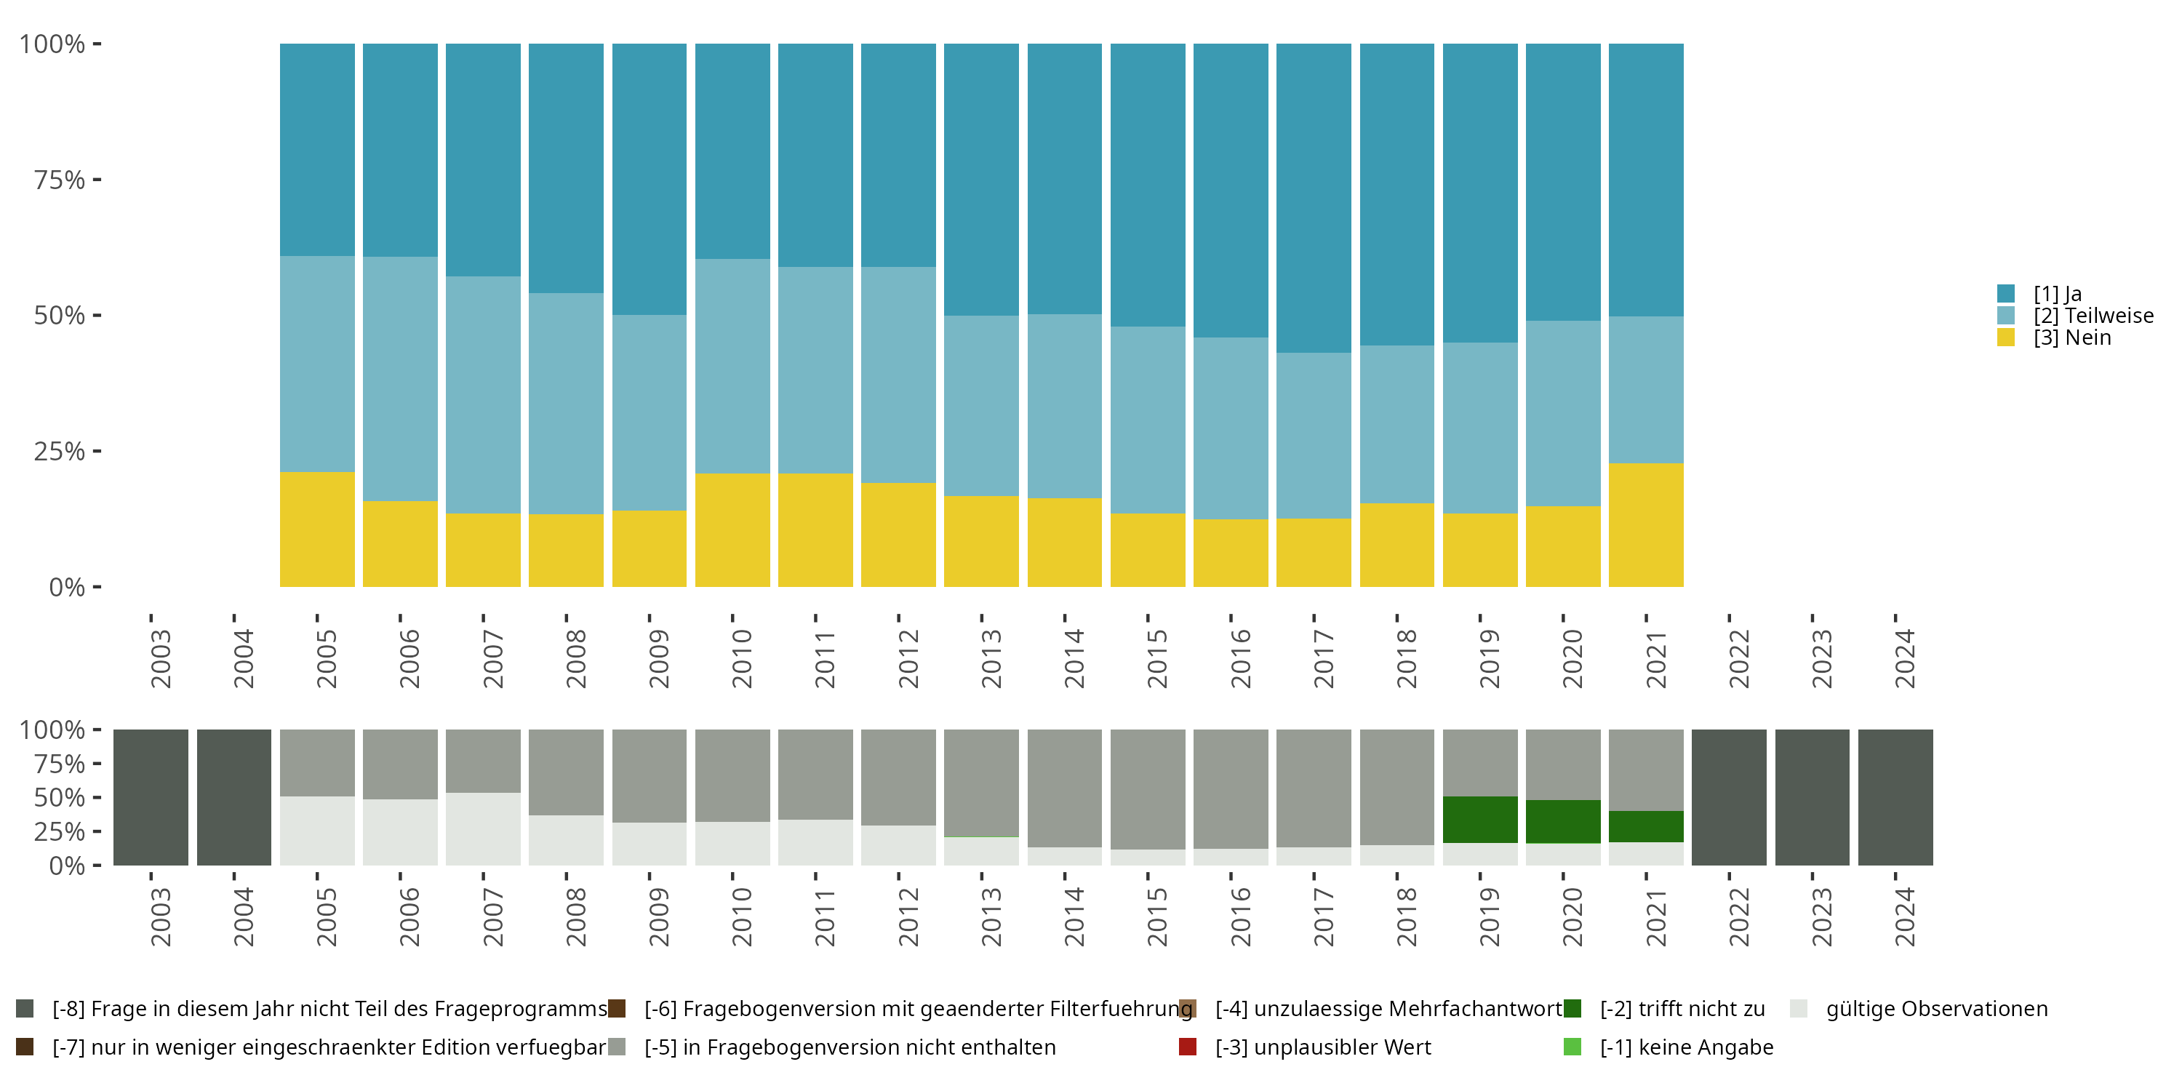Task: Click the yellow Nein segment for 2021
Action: point(1645,524)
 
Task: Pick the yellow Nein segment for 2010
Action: point(732,529)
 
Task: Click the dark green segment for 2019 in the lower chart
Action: point(1480,819)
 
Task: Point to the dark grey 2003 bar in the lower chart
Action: point(151,797)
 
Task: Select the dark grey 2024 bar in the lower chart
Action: point(1895,797)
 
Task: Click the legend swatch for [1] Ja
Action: point(2005,294)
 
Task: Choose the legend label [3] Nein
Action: point(2072,338)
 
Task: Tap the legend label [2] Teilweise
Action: point(2093,316)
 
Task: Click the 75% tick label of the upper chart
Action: point(60,180)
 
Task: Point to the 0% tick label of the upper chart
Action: point(67,587)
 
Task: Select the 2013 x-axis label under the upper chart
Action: point(991,659)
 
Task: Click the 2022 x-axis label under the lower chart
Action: point(1738,917)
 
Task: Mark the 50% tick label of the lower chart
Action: point(60,798)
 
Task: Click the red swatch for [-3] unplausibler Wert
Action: point(1188,1047)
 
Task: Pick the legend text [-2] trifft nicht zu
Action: point(1682,1009)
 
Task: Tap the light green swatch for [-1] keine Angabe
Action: point(1572,1047)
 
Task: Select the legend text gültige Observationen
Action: point(1936,1009)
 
